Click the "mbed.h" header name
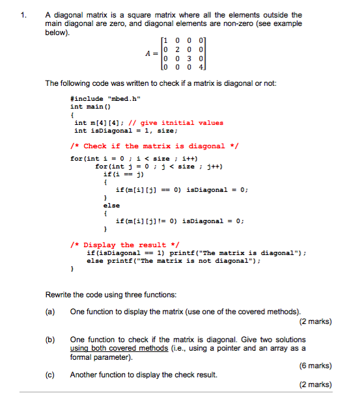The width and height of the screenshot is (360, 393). [x=126, y=99]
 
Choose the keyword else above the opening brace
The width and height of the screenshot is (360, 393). [x=111, y=205]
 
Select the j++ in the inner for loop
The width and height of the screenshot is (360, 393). [x=215, y=166]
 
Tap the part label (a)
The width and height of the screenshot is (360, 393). [x=49, y=312]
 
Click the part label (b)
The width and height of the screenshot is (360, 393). [x=49, y=340]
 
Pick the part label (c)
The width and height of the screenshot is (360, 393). [x=49, y=374]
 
